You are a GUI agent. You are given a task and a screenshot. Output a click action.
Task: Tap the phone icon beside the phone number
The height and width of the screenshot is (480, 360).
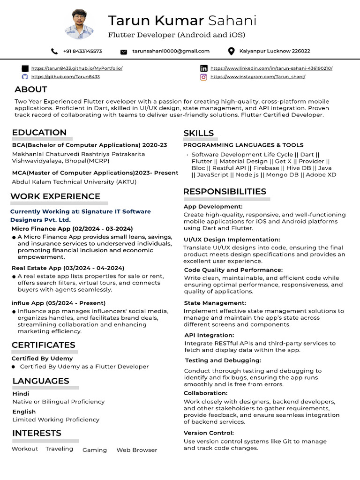54,51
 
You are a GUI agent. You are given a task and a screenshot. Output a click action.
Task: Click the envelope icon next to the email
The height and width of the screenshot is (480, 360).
124,52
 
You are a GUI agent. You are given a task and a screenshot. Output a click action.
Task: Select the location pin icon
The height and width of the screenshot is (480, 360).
231,51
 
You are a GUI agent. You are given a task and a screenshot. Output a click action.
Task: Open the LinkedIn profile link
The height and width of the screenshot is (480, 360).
271,68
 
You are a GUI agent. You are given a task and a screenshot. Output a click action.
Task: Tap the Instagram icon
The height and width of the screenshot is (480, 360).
203,77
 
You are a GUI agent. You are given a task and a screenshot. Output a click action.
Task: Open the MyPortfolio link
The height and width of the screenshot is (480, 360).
77,68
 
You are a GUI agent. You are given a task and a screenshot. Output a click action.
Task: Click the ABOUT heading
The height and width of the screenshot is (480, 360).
31,90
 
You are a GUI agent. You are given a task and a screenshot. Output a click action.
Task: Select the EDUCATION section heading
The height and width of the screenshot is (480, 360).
39,132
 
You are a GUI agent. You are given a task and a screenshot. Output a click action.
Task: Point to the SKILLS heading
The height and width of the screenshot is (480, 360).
198,133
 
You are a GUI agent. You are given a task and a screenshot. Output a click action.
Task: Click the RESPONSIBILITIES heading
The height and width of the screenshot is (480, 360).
225,191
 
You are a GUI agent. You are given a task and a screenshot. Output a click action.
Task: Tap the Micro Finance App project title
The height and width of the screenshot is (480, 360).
72,229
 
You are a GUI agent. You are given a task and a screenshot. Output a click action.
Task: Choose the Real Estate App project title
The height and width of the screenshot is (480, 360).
67,268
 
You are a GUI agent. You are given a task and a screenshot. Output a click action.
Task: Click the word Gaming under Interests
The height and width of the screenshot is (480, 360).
95,450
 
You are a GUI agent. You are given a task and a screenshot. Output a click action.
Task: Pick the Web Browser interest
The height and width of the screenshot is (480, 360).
137,450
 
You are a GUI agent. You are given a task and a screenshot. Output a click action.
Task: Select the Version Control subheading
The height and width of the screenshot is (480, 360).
209,433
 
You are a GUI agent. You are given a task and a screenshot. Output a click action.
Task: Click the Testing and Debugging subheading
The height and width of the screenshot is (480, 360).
223,360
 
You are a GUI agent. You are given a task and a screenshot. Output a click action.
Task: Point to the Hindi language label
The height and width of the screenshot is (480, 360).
21,394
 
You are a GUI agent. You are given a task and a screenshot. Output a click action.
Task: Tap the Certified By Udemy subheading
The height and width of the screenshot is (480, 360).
42,359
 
